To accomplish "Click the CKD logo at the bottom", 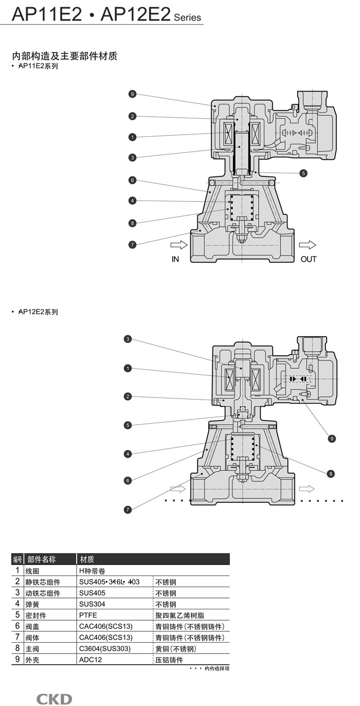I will (54, 699).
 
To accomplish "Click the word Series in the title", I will (187, 17).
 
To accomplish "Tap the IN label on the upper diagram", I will (175, 259).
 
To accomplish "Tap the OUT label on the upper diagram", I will (309, 259).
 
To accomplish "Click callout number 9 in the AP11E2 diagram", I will (132, 94).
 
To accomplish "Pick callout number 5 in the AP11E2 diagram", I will (303, 173).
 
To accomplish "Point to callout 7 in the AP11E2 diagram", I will (132, 245).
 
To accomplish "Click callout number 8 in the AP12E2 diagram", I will (331, 473).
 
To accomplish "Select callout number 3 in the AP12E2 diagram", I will (128, 339).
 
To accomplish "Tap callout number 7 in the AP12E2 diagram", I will (128, 510).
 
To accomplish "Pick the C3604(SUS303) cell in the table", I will (105, 648).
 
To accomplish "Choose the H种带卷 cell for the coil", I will (93, 571).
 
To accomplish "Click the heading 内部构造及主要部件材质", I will (65, 56).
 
